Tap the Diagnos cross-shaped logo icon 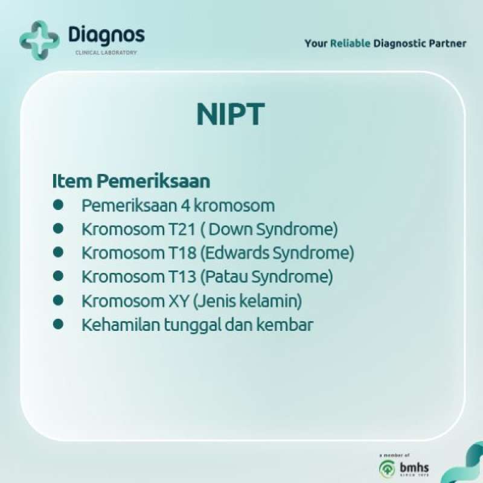pyautogui.click(x=39, y=40)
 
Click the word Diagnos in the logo pyautogui.click(x=106, y=35)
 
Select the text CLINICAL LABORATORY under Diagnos pyautogui.click(x=106, y=53)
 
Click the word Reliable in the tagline pyautogui.click(x=350, y=43)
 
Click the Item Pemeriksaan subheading pyautogui.click(x=131, y=181)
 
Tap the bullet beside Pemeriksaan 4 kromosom pyautogui.click(x=58, y=205)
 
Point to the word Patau pyautogui.click(x=225, y=277)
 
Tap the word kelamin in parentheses pyautogui.click(x=275, y=301)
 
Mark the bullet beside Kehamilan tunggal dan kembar pyautogui.click(x=58, y=325)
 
